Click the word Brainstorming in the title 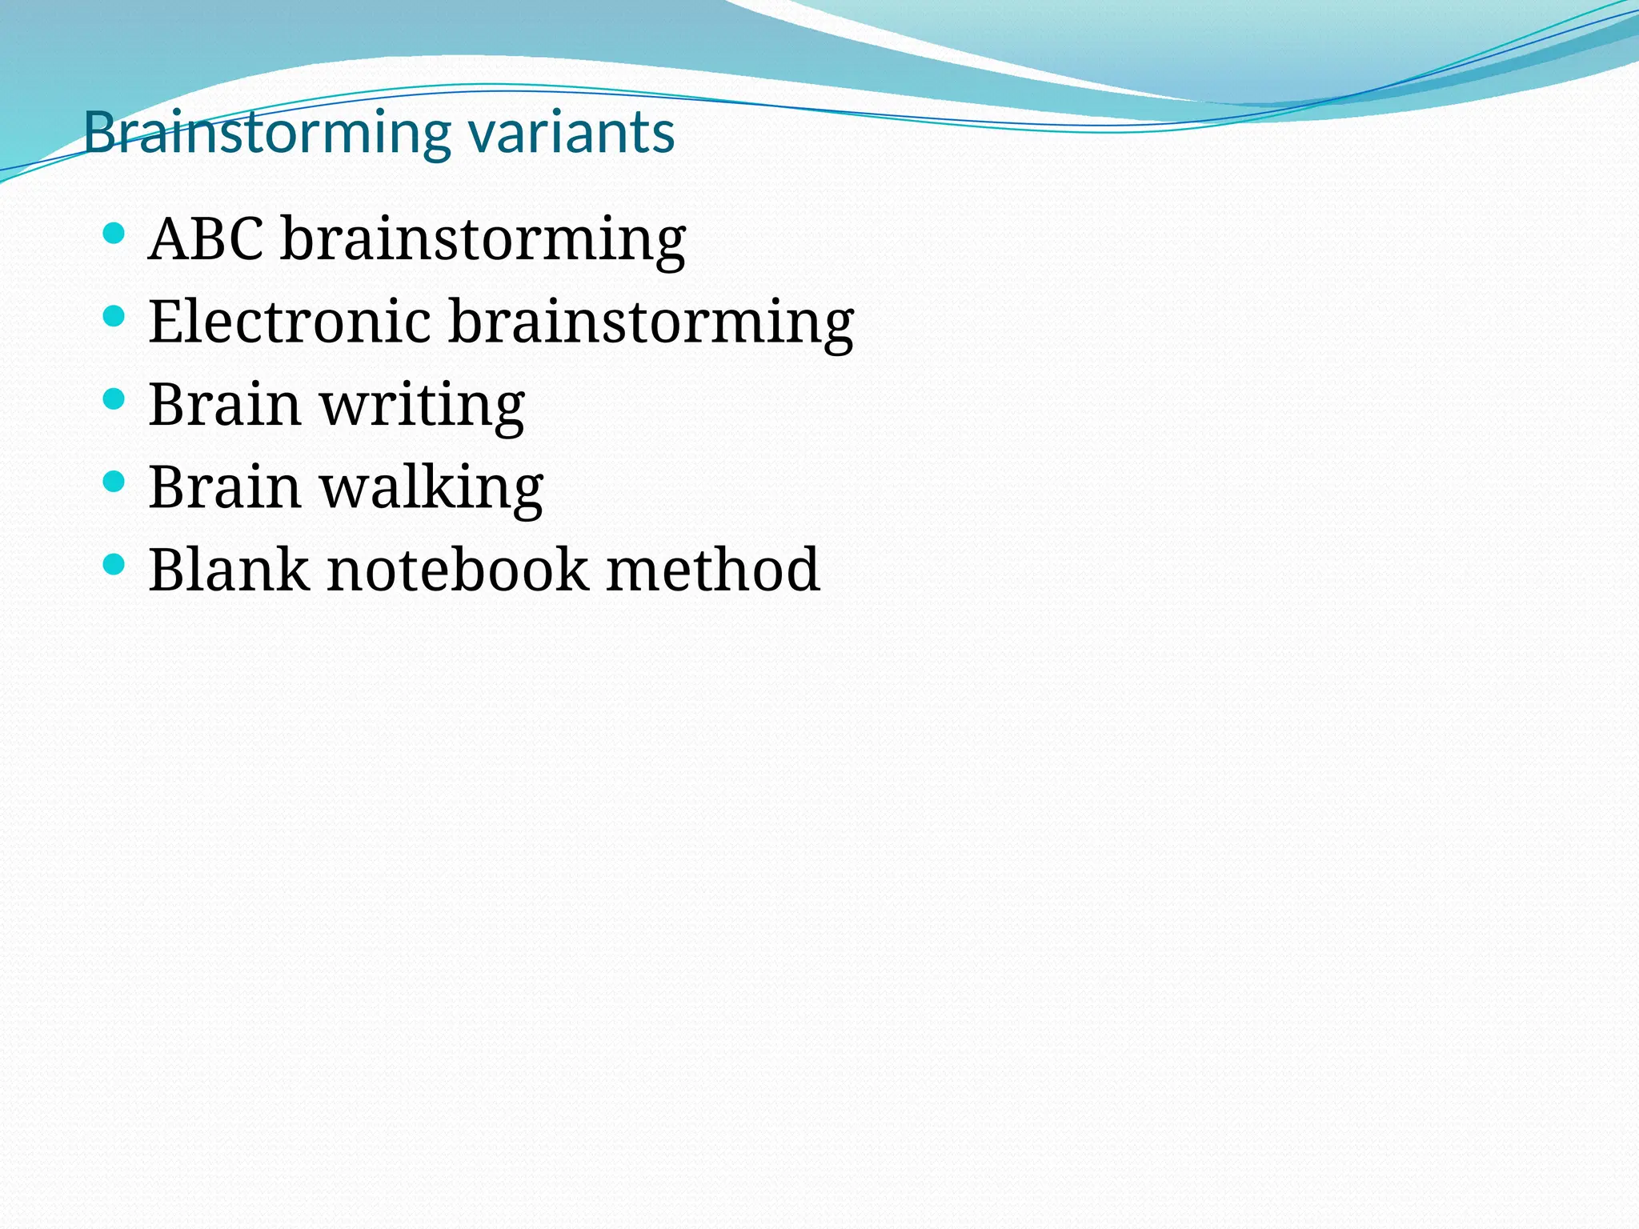(x=267, y=133)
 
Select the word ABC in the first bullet (x=206, y=238)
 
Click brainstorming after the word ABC (x=483, y=240)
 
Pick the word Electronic (x=290, y=322)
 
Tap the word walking (x=431, y=488)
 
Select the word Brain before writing (x=225, y=405)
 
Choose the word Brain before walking (x=225, y=487)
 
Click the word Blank (x=229, y=570)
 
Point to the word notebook (x=457, y=570)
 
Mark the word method (x=712, y=570)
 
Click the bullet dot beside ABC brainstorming (x=114, y=234)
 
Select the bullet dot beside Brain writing (x=114, y=399)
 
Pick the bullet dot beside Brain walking (x=114, y=482)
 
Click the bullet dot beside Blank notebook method (x=114, y=565)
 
